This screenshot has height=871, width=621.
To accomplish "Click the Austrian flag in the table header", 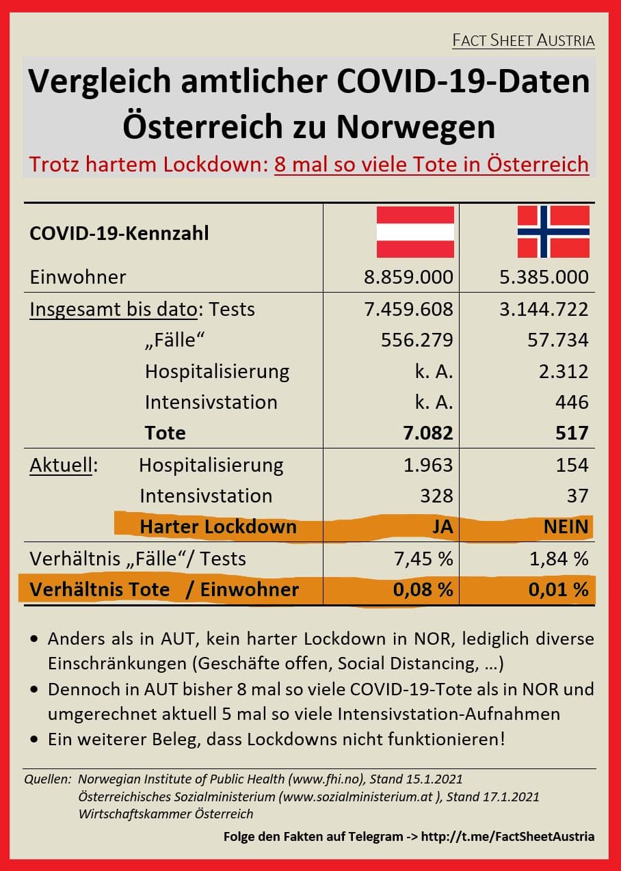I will point(415,232).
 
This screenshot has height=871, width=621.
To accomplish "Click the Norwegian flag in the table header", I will point(553,232).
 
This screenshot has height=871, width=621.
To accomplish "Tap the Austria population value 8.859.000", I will point(409,277).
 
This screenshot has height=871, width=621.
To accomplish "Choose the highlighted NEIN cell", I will point(564,527).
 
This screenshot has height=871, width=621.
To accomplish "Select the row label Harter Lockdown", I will point(217,527).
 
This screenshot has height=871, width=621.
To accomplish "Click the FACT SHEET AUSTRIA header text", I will point(523,40).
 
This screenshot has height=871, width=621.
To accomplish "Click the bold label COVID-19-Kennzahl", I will point(120,234).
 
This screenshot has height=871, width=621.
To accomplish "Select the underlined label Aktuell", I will point(61,465).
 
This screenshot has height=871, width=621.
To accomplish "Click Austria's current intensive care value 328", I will point(436,496).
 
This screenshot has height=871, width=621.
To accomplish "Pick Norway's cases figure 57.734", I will point(554,340).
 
